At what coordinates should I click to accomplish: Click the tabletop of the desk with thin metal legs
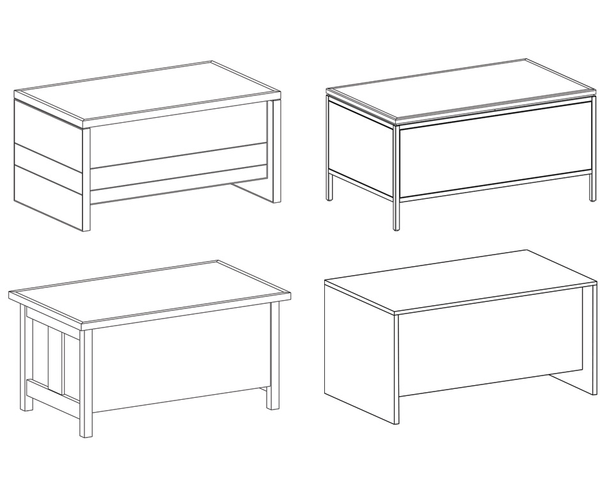click(x=460, y=90)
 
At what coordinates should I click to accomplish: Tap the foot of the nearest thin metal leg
click(x=397, y=226)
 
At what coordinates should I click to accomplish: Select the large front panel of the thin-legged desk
click(x=492, y=150)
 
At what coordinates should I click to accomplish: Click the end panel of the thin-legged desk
click(x=360, y=147)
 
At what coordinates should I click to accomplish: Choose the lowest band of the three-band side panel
click(x=48, y=195)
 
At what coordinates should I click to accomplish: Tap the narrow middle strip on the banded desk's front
click(x=179, y=178)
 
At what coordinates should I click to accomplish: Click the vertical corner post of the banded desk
click(x=86, y=179)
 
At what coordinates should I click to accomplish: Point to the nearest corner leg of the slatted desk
click(x=86, y=384)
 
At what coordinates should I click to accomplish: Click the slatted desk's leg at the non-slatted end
click(x=274, y=358)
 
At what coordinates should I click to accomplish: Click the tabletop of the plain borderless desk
click(x=460, y=278)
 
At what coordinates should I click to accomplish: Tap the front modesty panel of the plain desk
click(x=489, y=345)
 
